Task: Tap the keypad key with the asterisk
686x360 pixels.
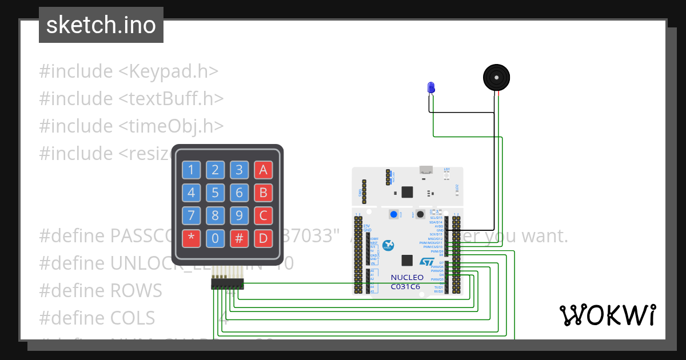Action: (x=191, y=239)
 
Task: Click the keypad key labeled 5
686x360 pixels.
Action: (x=215, y=193)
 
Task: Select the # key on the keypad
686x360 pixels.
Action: (x=240, y=239)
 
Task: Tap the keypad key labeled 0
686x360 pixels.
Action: (x=215, y=239)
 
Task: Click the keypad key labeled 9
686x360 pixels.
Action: (x=240, y=216)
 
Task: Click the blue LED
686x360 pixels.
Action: (x=431, y=87)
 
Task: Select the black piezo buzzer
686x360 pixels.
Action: (x=496, y=77)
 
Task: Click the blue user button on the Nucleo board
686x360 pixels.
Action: (x=394, y=214)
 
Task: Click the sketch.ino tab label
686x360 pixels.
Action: (x=101, y=25)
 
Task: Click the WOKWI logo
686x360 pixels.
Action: (x=607, y=315)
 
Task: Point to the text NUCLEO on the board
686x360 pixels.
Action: (x=407, y=278)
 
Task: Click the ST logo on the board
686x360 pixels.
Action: (x=427, y=261)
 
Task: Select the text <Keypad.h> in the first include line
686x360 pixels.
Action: (x=169, y=71)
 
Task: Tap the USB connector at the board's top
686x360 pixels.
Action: (x=425, y=170)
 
